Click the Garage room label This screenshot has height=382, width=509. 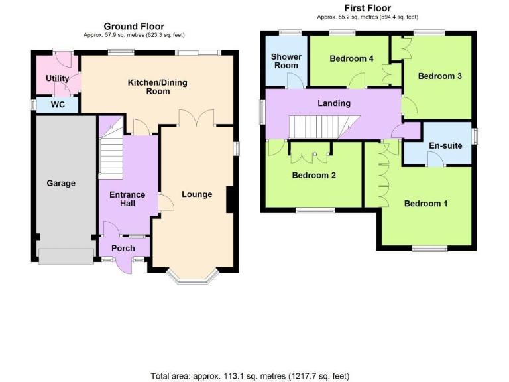pyautogui.click(x=61, y=183)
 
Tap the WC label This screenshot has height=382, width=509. pyautogui.click(x=58, y=105)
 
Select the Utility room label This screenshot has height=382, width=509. pyautogui.click(x=57, y=78)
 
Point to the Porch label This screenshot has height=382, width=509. pyautogui.click(x=123, y=248)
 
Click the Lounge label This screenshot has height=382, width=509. pyautogui.click(x=197, y=194)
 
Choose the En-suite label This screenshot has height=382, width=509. pyautogui.click(x=445, y=145)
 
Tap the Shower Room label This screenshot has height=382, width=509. pyautogui.click(x=286, y=61)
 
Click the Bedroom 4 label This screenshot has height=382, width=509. pyautogui.click(x=351, y=58)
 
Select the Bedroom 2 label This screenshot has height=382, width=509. pyautogui.click(x=313, y=175)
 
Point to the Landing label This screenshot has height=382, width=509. pyautogui.click(x=334, y=103)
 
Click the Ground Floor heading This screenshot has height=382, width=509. pyautogui.click(x=134, y=26)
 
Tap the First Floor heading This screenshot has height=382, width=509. pyautogui.click(x=367, y=8)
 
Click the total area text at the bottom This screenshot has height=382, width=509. pyautogui.click(x=250, y=376)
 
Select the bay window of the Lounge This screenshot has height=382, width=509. pyautogui.click(x=192, y=279)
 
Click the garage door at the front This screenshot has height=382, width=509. pyautogui.click(x=66, y=257)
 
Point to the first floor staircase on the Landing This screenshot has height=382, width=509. pyautogui.click(x=325, y=127)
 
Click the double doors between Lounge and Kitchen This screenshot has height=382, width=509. pyautogui.click(x=196, y=118)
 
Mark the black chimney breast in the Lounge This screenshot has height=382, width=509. pyautogui.click(x=230, y=200)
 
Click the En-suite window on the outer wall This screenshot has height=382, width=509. pyautogui.click(x=475, y=135)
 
